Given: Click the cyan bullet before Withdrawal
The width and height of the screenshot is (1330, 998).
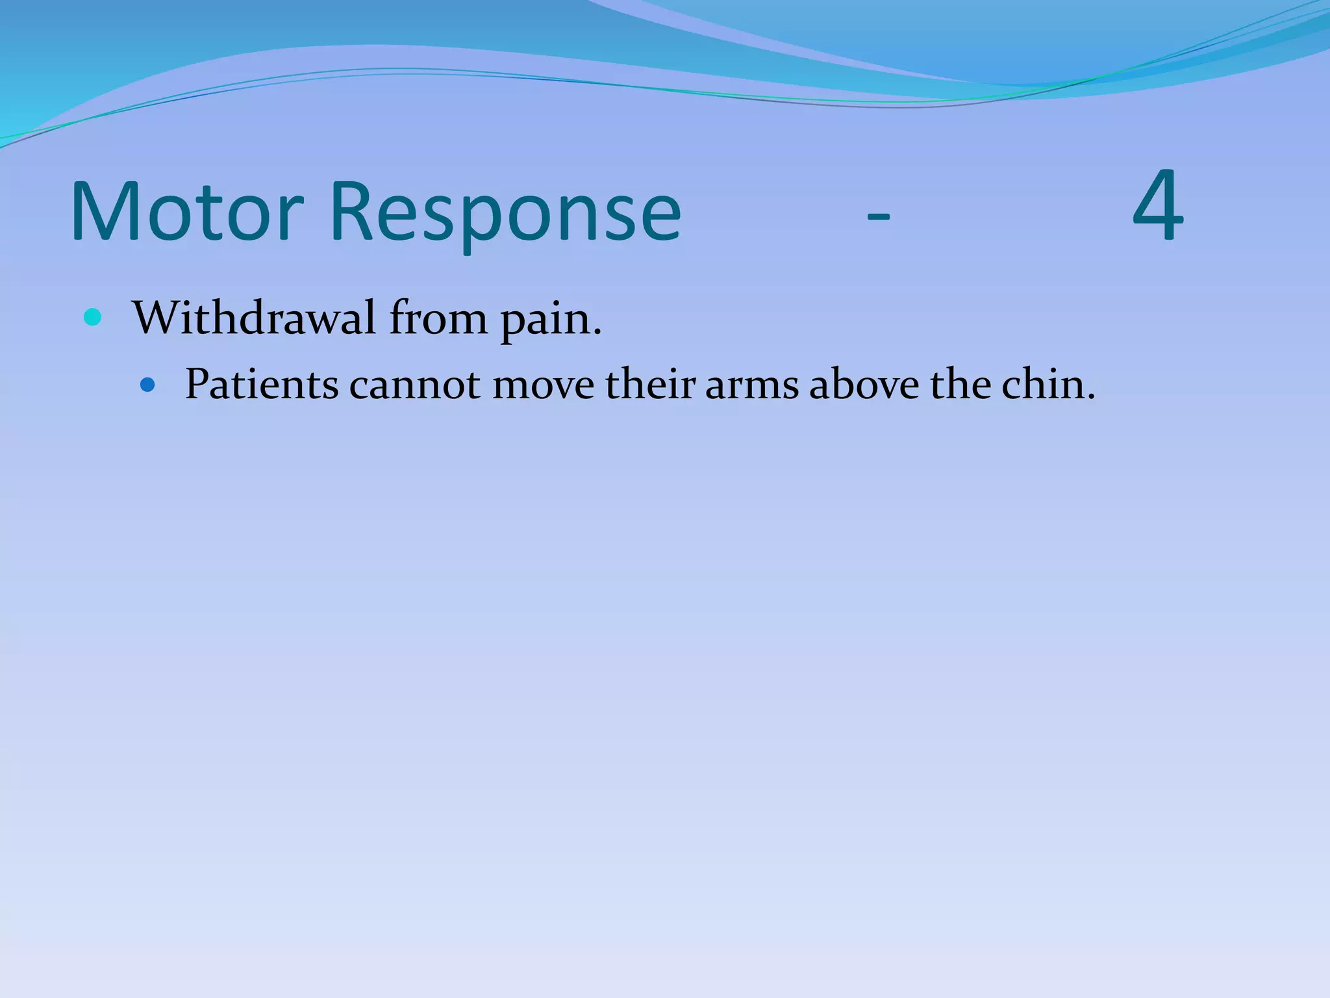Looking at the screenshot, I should pyautogui.click(x=93, y=318).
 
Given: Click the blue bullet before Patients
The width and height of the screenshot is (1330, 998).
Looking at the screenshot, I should pyautogui.click(x=148, y=385).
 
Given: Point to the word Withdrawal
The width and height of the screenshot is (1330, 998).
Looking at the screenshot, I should pyautogui.click(x=254, y=318).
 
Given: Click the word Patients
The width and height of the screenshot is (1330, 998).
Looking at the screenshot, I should pyautogui.click(x=262, y=385).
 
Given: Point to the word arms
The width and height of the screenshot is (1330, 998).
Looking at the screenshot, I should pyautogui.click(x=751, y=387).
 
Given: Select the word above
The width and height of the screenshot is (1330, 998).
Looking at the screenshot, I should pyautogui.click(x=864, y=385).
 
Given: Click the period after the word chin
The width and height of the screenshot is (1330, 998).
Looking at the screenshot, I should pyautogui.click(x=1090, y=397).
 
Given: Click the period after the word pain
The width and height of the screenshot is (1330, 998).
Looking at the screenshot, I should pyautogui.click(x=597, y=333).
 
